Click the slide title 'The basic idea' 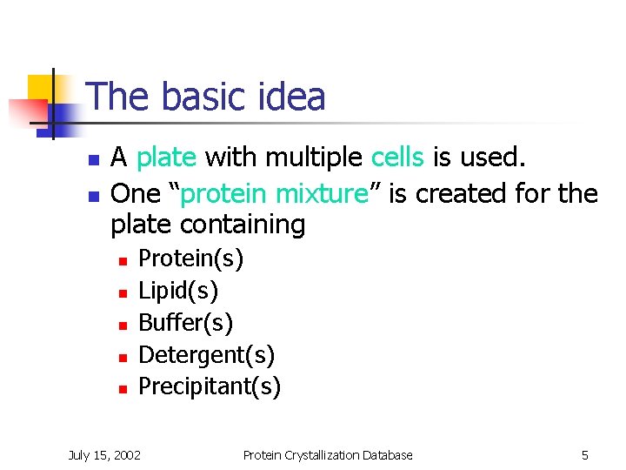click(x=206, y=97)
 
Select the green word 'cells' click(x=397, y=158)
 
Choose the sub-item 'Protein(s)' click(x=191, y=258)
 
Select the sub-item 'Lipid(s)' click(x=178, y=290)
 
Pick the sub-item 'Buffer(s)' click(x=186, y=322)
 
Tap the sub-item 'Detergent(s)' click(x=207, y=354)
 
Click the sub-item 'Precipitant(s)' click(x=210, y=386)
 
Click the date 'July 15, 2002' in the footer click(x=105, y=454)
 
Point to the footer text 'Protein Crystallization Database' click(x=328, y=454)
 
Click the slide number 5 click(x=585, y=454)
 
